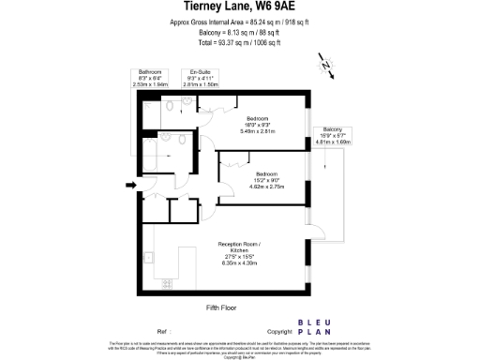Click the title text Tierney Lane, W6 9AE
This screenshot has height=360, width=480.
coord(239,7)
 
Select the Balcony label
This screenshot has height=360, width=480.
coord(332,128)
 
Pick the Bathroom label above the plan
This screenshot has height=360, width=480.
coord(149,71)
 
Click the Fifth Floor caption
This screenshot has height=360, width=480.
coord(221,307)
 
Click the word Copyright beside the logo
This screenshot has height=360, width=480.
coord(280,332)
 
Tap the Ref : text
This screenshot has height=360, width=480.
coord(163,332)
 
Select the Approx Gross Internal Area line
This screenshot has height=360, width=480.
coord(239,21)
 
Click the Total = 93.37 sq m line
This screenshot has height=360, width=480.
coord(239,43)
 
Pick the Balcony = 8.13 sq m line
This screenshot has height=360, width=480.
coord(239,32)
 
